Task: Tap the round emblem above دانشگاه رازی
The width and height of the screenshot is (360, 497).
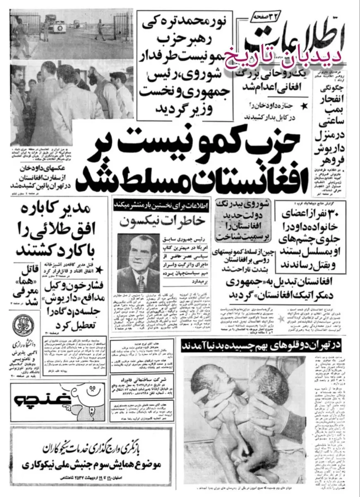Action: (21, 325)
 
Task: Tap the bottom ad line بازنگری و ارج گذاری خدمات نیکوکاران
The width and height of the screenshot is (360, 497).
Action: (99, 449)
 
